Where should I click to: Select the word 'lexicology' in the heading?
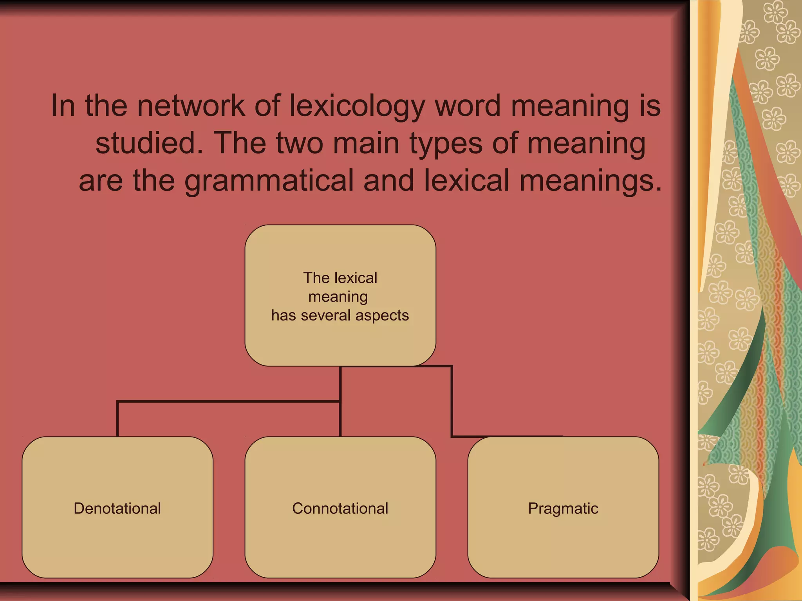[357, 106]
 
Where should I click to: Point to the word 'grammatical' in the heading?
[269, 181]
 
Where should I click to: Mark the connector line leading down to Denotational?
[117, 419]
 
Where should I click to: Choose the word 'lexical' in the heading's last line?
[466, 181]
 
